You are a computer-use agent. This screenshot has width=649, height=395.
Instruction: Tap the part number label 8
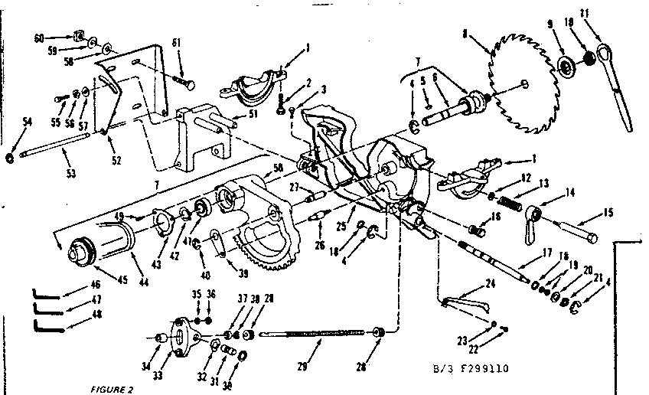tap(465, 33)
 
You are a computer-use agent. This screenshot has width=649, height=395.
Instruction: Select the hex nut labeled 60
tap(78, 34)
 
